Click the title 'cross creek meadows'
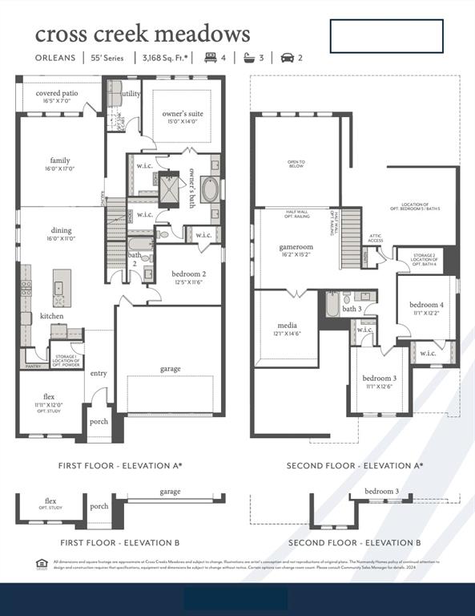143,34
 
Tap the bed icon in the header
211,58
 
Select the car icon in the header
287,58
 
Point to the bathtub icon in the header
249,58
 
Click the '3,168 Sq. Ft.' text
166,58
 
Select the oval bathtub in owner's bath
210,190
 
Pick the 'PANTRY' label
33,365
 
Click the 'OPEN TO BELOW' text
296,164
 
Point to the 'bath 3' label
352,309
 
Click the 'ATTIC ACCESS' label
376,239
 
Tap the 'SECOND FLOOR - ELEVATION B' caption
355,543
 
